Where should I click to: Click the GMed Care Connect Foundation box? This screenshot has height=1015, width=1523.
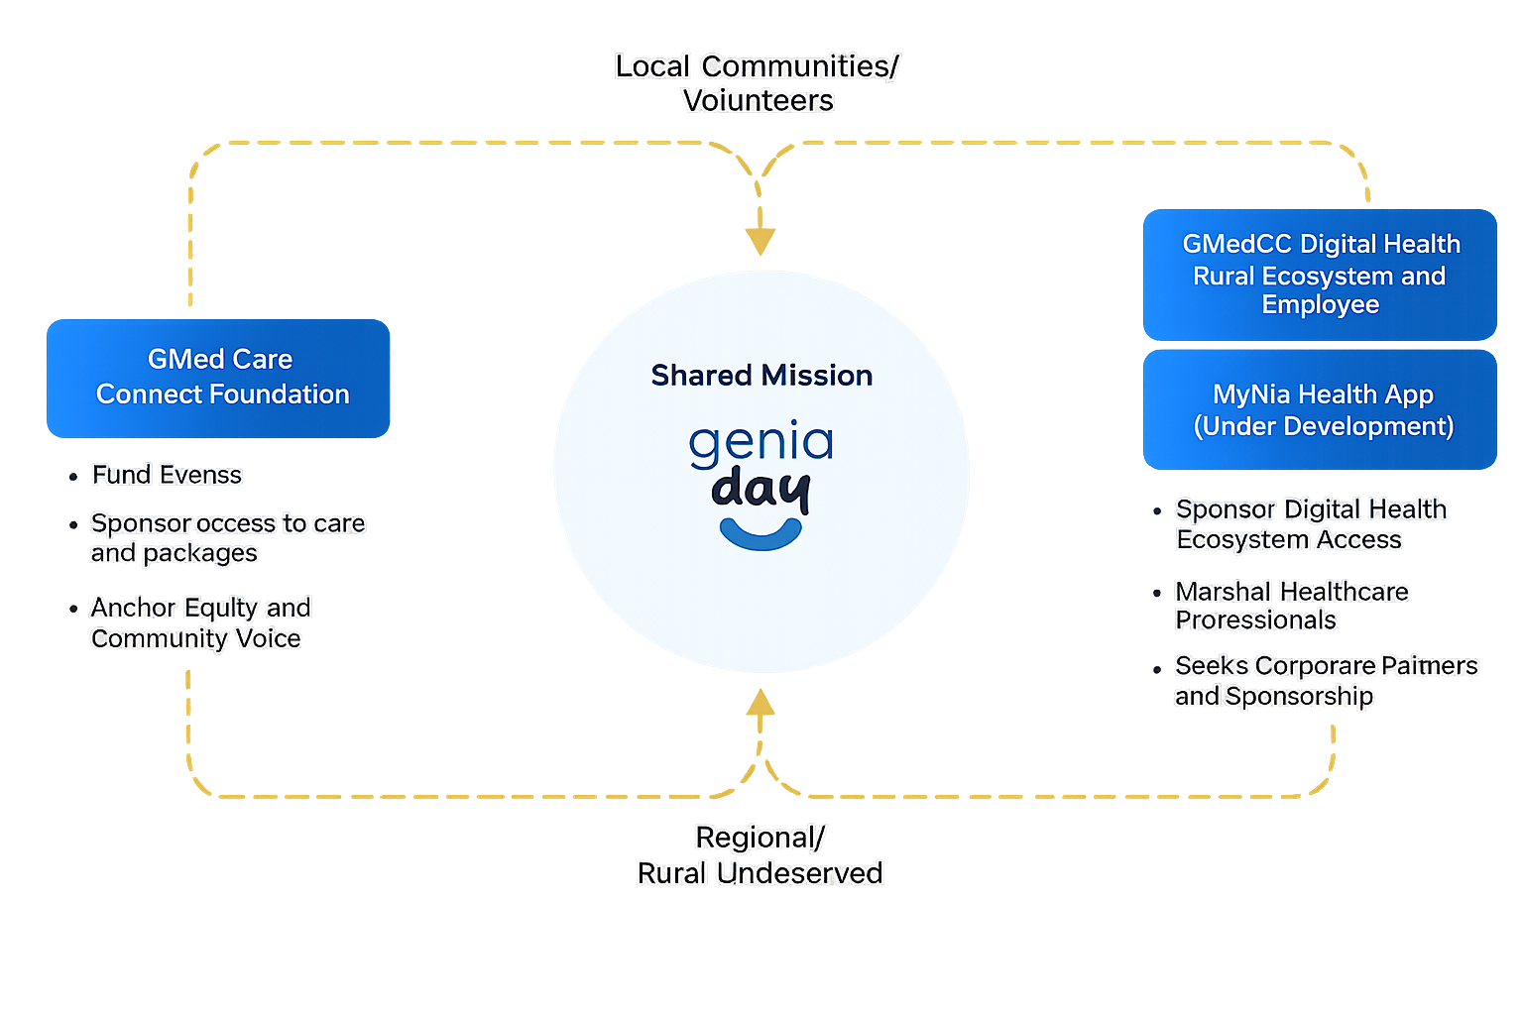(218, 378)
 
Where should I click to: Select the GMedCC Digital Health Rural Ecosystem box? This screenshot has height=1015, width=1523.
(1320, 275)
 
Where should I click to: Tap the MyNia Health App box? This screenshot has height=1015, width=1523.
(1320, 409)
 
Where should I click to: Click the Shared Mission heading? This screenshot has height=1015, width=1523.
(761, 376)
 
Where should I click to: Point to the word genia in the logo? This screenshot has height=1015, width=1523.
(761, 443)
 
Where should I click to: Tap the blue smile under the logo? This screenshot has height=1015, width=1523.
(761, 534)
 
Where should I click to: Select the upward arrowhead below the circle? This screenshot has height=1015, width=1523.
(761, 702)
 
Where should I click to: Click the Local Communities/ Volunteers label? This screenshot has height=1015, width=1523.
(758, 83)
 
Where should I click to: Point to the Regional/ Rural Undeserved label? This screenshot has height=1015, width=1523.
(760, 855)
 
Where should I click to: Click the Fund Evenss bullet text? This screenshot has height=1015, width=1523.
(167, 475)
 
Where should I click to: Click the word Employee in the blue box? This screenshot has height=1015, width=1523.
(1321, 304)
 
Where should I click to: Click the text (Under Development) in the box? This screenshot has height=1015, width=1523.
(1323, 426)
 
